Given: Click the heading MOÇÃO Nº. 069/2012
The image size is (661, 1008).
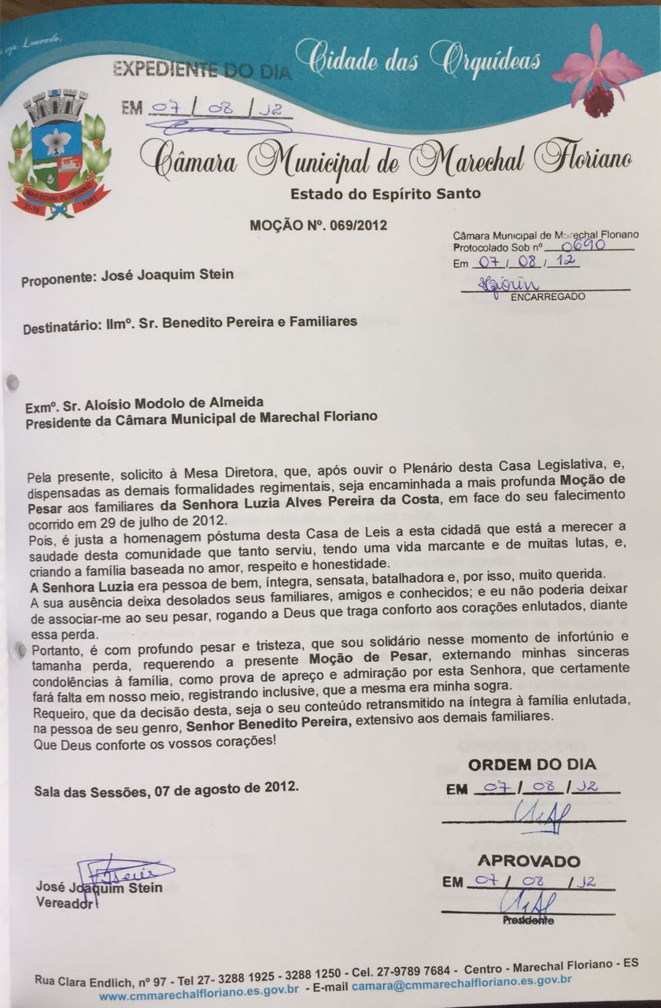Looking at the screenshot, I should pos(318,225).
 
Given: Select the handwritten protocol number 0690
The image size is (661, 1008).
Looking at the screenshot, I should pos(585,245).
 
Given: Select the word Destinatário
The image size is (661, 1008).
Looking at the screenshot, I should pos(62,323).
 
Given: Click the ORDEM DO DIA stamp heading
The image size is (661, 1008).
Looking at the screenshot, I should pos(532,764).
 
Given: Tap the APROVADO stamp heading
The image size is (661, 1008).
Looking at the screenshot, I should pos(529,861).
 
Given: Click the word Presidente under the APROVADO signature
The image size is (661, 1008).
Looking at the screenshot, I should pos(528,920).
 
